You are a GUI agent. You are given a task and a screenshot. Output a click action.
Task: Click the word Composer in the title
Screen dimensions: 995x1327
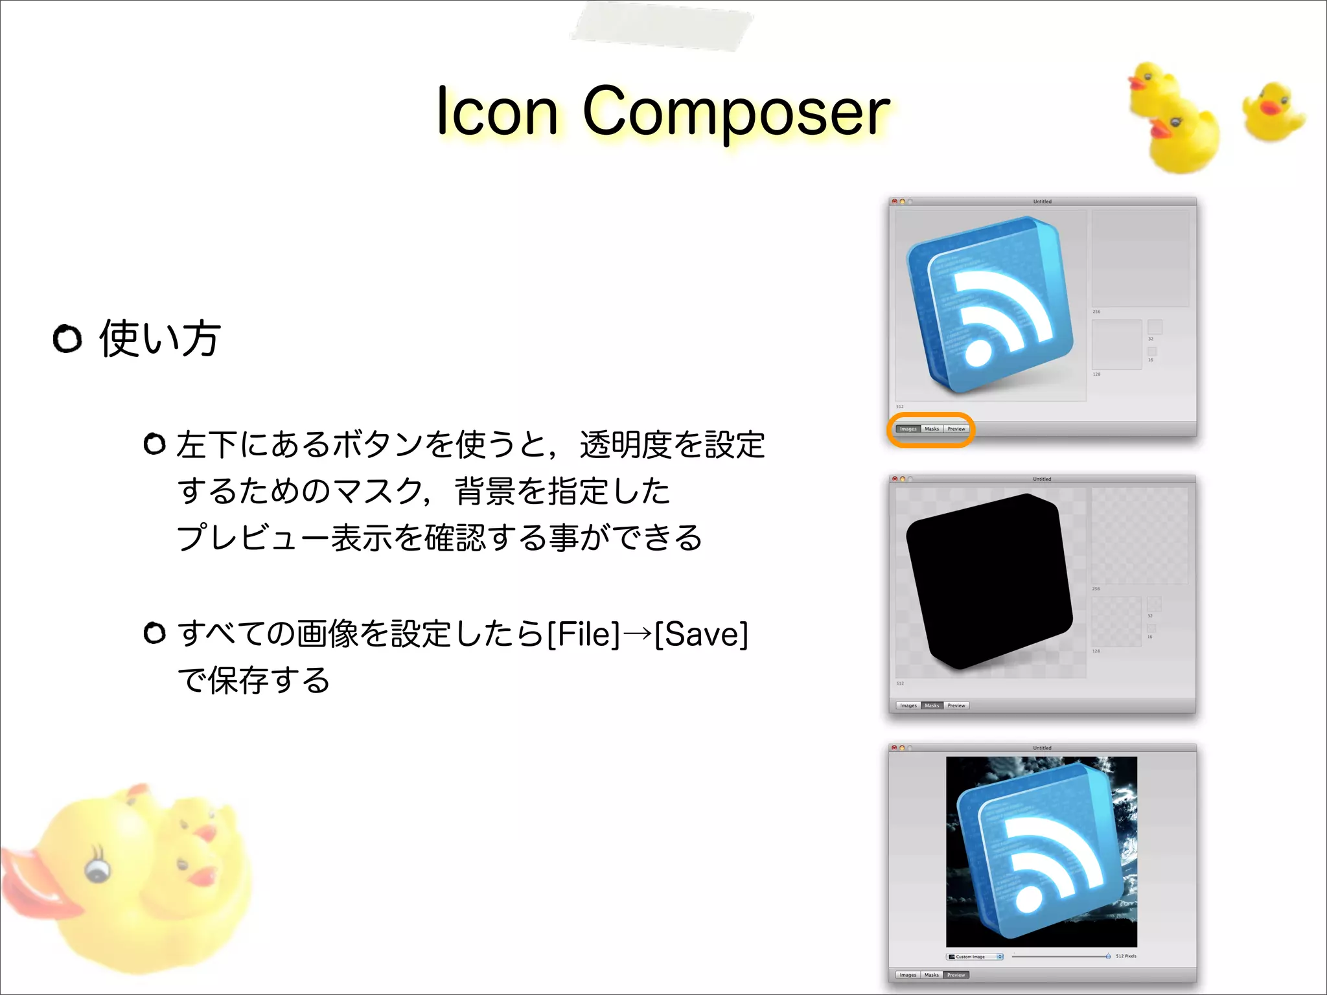point(736,113)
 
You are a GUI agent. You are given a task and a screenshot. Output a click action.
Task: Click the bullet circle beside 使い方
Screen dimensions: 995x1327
point(67,339)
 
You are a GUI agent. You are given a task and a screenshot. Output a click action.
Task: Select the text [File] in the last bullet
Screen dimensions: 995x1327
point(584,634)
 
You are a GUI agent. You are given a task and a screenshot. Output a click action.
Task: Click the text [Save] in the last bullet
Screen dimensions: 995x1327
point(701,634)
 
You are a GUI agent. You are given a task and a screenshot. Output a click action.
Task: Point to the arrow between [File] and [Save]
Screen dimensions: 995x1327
point(638,634)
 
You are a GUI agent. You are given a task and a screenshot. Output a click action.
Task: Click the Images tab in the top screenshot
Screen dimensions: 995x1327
point(908,429)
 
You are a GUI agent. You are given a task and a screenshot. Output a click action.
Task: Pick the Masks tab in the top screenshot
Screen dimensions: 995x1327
point(932,429)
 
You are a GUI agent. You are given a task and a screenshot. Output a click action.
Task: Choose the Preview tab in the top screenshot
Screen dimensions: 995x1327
point(956,429)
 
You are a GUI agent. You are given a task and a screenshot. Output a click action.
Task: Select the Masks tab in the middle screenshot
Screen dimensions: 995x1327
point(932,705)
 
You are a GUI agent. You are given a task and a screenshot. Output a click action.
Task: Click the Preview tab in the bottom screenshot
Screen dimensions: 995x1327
point(956,975)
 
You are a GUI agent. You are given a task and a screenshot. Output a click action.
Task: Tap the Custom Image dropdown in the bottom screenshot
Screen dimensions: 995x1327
point(975,957)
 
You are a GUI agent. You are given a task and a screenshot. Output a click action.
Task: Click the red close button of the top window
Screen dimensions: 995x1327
point(895,201)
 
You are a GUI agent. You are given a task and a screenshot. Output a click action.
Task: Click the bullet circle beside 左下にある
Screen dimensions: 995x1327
point(154,444)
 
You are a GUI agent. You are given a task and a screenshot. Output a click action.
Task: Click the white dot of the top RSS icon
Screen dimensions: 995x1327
point(978,354)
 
